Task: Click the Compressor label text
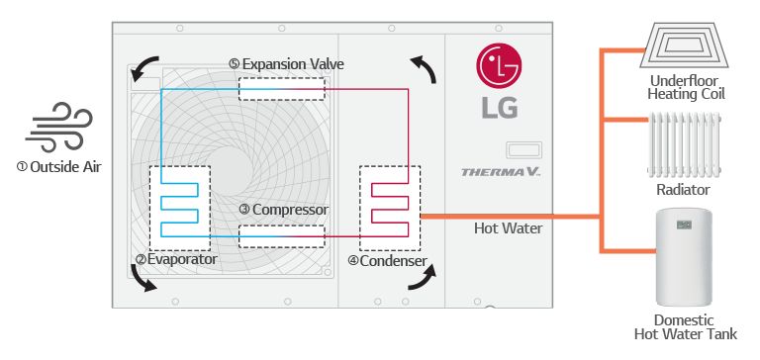pos(283,210)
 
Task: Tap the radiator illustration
pos(683,144)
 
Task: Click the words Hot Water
pos(508,228)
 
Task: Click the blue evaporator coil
pos(179,207)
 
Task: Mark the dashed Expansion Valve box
pos(281,87)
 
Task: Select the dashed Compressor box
pos(281,235)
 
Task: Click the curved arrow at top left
pos(144,66)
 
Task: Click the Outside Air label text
pos(58,166)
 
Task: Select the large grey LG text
pos(499,107)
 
